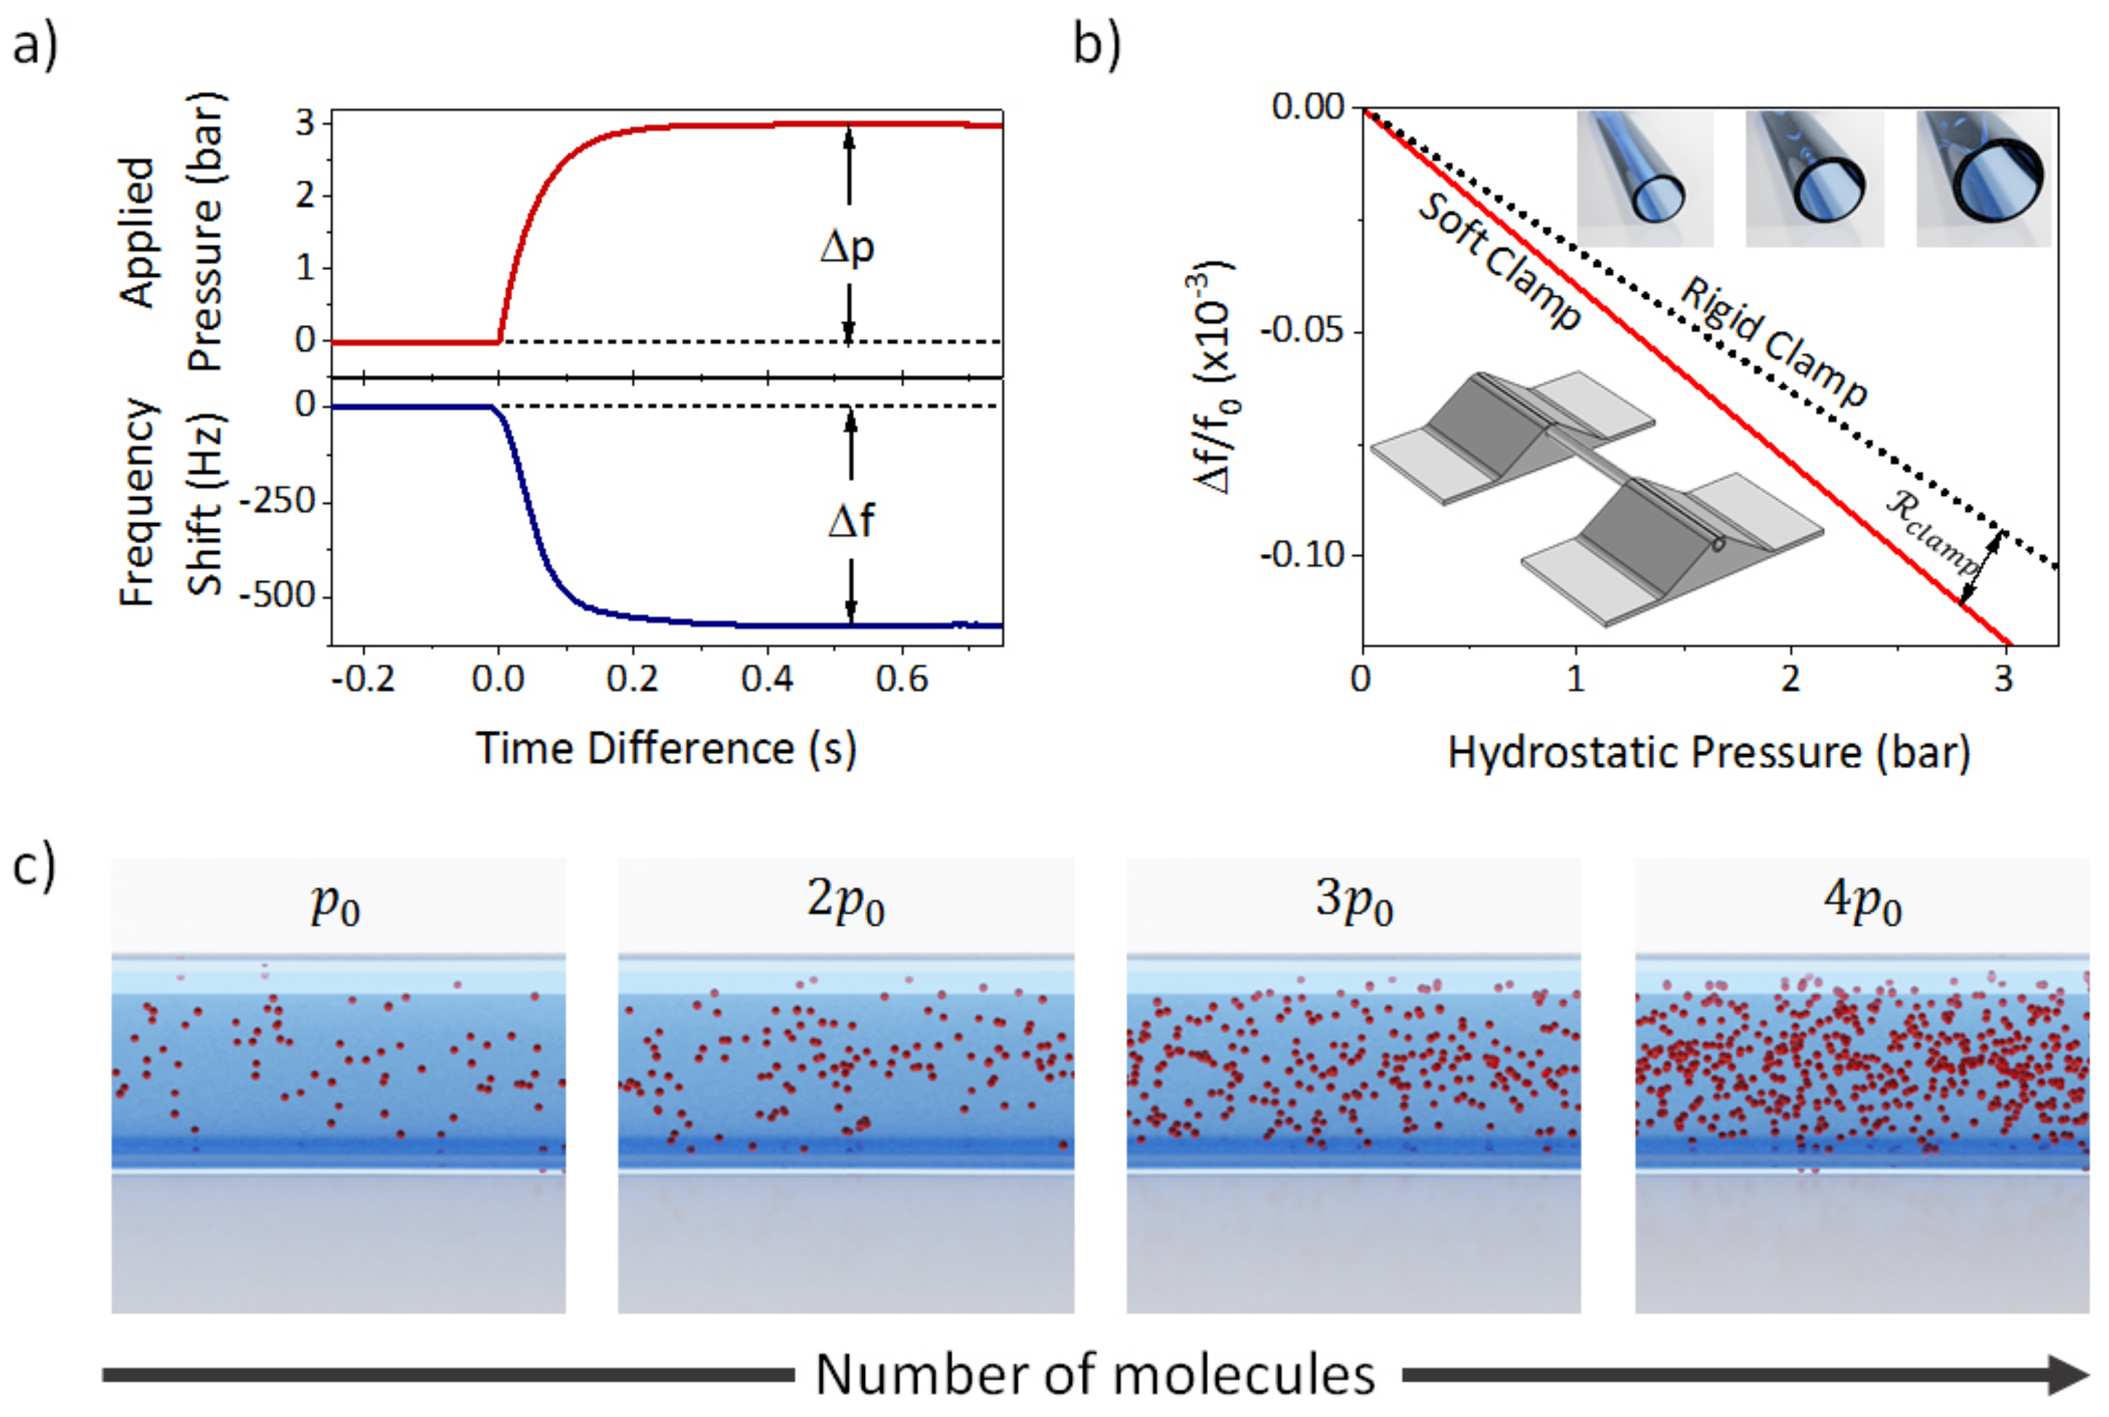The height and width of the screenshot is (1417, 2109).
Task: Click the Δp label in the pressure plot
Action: pos(847,247)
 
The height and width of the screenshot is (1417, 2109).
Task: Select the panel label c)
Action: pos(34,868)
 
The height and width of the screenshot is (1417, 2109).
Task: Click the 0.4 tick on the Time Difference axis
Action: pos(767,679)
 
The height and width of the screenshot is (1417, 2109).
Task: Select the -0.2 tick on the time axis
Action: pos(363,679)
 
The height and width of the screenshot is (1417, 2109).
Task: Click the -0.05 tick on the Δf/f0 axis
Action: pos(1302,330)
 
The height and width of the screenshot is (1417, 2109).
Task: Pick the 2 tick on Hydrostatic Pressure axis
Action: pos(1790,679)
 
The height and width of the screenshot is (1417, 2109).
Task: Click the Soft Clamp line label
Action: pos(1499,262)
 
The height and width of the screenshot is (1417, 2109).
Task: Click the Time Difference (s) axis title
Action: pos(666,749)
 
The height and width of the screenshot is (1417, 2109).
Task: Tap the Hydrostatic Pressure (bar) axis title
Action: pos(1708,753)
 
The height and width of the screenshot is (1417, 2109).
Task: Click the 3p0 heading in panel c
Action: pos(1353,902)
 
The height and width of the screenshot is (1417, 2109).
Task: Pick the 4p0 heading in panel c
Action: pos(1862,902)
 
